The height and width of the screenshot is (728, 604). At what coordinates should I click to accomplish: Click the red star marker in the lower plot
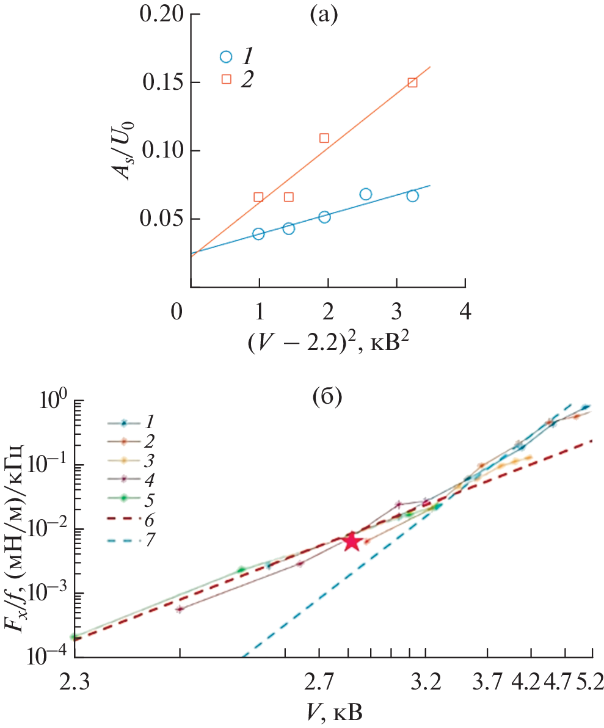click(351, 541)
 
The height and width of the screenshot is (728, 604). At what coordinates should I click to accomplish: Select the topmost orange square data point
click(412, 82)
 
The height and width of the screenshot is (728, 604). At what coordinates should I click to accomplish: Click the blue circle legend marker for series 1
click(226, 57)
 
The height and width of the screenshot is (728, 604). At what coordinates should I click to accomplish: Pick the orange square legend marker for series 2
click(226, 78)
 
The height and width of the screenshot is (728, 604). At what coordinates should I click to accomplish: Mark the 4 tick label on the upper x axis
click(465, 312)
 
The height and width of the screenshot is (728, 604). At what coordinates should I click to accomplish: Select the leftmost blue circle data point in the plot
click(258, 234)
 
